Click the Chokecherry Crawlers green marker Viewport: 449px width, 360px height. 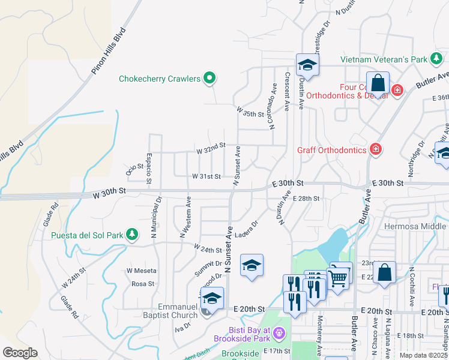[209, 78]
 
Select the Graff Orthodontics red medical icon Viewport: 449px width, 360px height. [375, 149]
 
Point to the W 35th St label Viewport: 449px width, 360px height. [250, 113]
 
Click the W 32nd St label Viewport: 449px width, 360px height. [210, 145]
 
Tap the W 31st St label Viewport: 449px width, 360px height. [206, 176]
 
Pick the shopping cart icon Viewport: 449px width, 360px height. [339, 278]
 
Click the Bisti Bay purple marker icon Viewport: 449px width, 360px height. [278, 332]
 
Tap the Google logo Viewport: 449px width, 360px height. [20, 352]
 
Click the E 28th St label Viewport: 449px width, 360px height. [307, 198]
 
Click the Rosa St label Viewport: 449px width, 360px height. [143, 284]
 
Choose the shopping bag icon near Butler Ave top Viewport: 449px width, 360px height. [378, 83]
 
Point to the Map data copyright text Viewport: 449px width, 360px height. [423, 355]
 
